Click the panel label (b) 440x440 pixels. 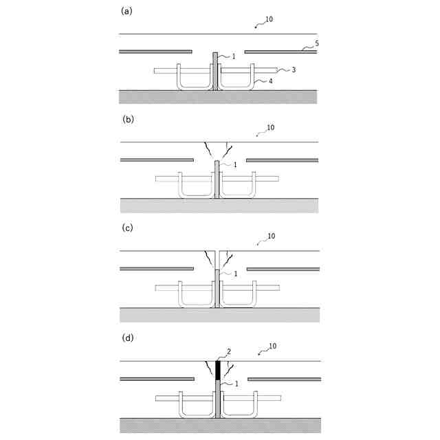[126, 119]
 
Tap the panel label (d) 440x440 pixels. [126, 338]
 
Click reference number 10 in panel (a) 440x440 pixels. [268, 19]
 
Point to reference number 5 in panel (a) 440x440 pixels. [316, 43]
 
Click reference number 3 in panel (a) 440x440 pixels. [294, 69]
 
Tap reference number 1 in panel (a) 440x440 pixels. [234, 56]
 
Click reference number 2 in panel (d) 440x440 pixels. [229, 351]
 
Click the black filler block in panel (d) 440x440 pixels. [218, 370]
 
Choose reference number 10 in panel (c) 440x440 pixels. [271, 236]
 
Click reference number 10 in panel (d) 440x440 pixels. [272, 346]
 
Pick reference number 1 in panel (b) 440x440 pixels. [234, 165]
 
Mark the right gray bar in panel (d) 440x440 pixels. [284, 379]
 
